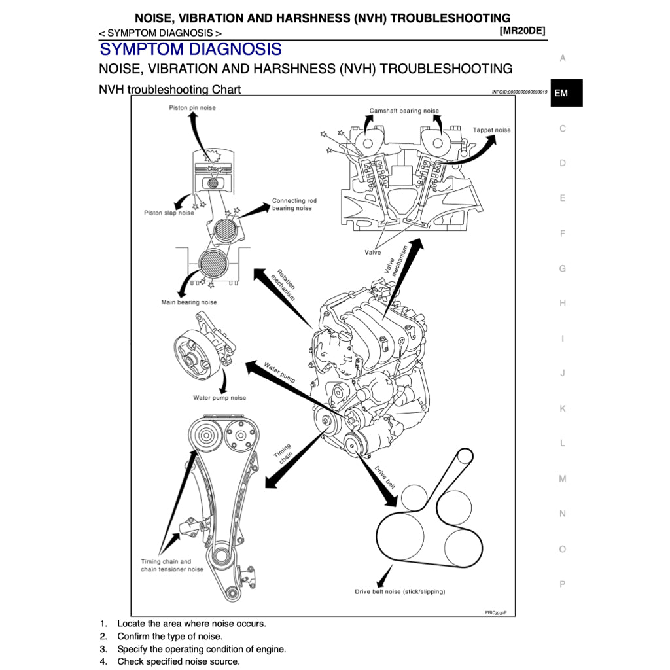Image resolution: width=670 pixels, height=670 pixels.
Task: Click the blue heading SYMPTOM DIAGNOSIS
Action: point(190,49)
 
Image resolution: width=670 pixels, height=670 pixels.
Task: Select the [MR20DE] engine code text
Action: point(522,31)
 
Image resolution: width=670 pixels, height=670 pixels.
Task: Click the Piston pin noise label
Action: point(192,108)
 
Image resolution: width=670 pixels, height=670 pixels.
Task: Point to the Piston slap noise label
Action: point(169,213)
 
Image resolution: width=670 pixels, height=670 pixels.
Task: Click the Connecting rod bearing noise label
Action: point(294,205)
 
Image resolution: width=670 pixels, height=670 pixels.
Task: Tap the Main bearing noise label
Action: point(189,302)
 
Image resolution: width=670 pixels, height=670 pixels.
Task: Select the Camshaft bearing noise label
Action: point(404,111)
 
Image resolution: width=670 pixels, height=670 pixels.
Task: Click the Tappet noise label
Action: point(491,130)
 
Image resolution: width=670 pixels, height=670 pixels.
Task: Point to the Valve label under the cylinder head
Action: point(372,253)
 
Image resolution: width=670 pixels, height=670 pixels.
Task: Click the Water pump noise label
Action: point(219,398)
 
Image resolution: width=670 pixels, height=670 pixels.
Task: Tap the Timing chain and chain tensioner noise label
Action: point(172,565)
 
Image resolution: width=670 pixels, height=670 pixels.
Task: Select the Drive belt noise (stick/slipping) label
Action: point(400,591)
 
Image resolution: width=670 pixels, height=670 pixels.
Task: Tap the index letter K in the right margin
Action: point(562,408)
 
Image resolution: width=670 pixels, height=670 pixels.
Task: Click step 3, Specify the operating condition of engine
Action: point(201,649)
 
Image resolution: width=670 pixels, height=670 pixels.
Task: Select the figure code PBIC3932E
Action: point(495,612)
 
